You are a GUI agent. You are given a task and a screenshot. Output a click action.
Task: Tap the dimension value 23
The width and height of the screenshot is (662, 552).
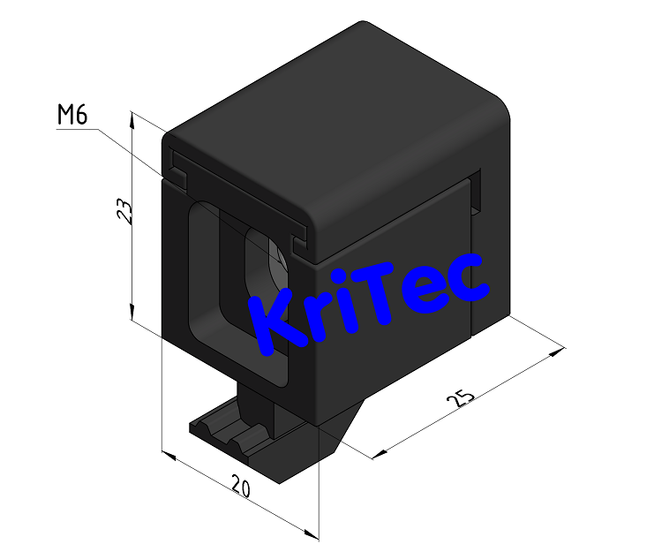[x=125, y=212]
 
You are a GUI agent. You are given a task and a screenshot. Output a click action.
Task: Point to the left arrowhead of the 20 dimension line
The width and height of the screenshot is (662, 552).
[x=169, y=457]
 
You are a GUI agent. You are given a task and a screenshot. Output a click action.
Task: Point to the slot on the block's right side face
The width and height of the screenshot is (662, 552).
[x=478, y=194]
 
